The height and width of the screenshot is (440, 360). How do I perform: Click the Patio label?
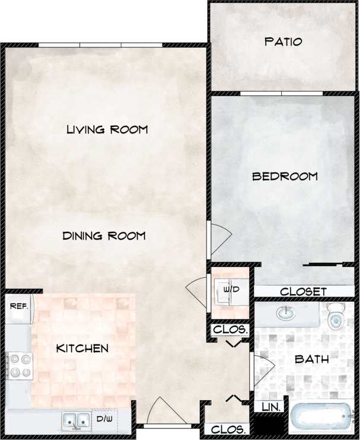coord(283,42)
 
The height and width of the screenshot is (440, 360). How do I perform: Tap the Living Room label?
coord(107,129)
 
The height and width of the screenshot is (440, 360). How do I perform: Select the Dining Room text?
coord(104,236)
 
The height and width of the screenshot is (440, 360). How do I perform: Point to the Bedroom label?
coord(285,176)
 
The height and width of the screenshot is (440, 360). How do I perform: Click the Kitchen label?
coord(82,348)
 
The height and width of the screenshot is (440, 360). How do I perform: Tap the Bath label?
coord(311,359)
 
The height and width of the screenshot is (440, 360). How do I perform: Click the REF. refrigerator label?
coord(17,307)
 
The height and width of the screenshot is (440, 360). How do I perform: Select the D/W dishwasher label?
coord(103,419)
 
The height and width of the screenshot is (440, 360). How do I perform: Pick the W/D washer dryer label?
coord(230,289)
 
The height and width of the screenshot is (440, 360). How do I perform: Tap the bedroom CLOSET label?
coord(303,292)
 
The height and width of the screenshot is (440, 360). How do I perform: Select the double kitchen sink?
coord(76,420)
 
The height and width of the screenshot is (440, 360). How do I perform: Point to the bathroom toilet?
coord(336,317)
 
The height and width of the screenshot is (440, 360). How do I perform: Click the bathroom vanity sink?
coord(286,312)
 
